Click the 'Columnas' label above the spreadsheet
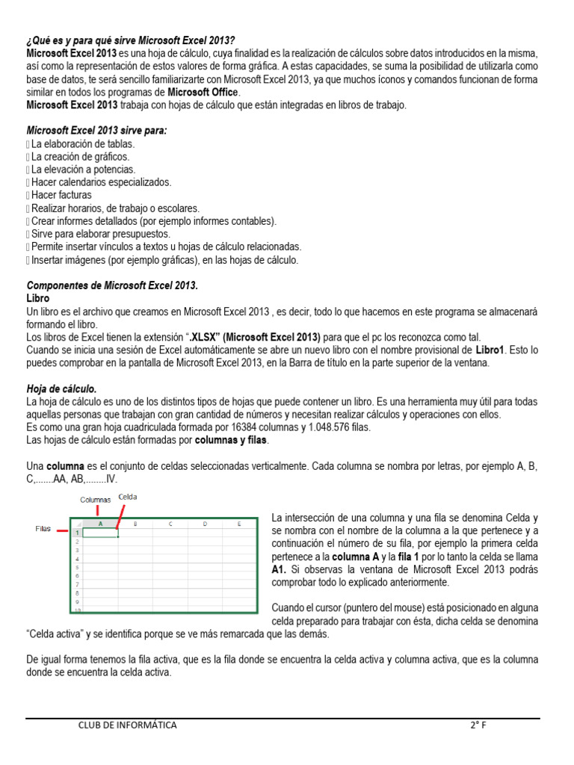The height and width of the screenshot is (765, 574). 96,499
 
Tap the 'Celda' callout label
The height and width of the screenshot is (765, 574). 128,496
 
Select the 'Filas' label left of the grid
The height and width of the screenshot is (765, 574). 43,528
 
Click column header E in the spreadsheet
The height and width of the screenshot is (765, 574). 238,524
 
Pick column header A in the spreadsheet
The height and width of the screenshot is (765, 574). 100,524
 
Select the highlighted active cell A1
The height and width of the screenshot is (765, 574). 100,533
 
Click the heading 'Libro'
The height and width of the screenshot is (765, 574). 38,297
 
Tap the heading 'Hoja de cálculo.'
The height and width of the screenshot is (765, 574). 61,388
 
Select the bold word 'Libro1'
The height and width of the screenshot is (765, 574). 491,350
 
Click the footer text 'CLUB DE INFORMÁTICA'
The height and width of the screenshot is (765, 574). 127,725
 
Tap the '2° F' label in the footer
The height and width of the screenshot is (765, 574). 478,725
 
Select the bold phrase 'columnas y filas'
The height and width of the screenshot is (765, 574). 230,440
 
